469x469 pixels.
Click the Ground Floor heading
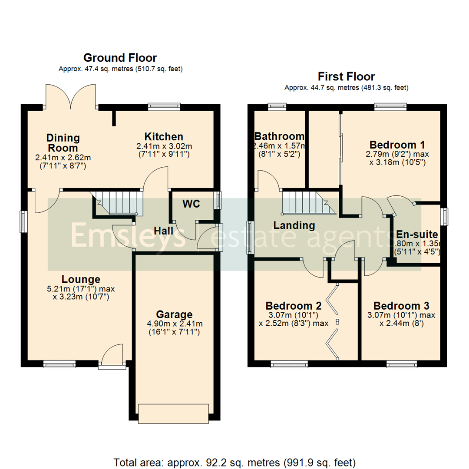pos(120,58)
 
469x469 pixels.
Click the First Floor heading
pos(346,77)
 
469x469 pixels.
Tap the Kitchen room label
pos(164,136)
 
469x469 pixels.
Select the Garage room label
pos(174,314)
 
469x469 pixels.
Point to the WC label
pos(191,204)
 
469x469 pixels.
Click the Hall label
pos(163,230)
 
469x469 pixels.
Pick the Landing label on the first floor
pos(294,225)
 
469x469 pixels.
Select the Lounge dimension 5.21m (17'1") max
pos(81,289)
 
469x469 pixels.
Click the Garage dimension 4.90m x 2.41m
pos(174,324)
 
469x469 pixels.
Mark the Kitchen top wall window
pos(164,106)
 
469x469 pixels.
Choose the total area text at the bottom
pos(234,461)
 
